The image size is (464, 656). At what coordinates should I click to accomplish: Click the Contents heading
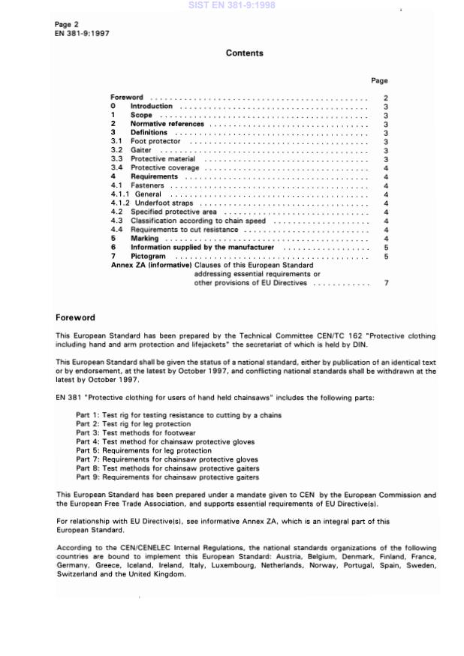tap(244, 53)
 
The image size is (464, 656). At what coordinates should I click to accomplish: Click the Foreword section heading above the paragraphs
tap(75, 317)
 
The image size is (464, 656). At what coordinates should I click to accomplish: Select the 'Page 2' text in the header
tap(67, 25)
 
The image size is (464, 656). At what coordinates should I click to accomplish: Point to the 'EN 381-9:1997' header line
tap(83, 34)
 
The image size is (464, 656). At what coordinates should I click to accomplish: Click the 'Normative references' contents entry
tap(167, 124)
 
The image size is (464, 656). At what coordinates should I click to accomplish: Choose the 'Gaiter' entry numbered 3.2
tap(141, 150)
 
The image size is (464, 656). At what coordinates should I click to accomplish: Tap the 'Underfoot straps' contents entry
tap(161, 203)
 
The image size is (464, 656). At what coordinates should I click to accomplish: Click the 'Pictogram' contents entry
tap(148, 256)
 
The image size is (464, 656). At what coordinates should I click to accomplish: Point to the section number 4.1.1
tap(120, 194)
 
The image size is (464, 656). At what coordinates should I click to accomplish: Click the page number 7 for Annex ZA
tap(385, 283)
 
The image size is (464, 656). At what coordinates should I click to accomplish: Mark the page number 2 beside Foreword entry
tap(385, 98)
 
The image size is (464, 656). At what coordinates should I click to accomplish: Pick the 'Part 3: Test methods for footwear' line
tap(140, 432)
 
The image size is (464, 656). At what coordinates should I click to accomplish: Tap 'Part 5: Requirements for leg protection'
tap(149, 450)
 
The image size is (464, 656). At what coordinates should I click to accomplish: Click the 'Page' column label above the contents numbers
tap(379, 80)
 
